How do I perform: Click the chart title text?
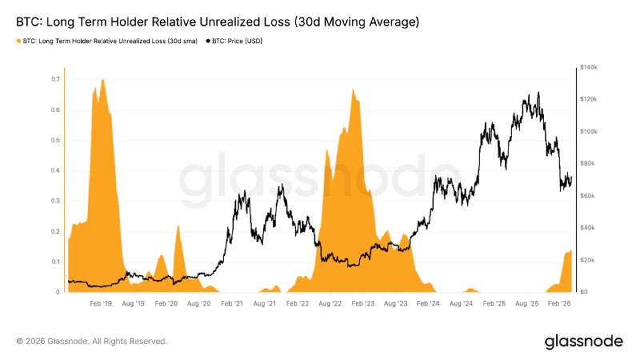[x=217, y=22]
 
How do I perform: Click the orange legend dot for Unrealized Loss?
[x=18, y=40]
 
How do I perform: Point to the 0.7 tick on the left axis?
[x=54, y=79]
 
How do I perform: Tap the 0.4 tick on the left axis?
[x=54, y=170]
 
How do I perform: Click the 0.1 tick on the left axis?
[x=54, y=262]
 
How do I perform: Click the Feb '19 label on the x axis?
[x=101, y=304]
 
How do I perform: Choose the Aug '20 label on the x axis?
[x=198, y=304]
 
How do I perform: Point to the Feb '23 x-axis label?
[x=362, y=304]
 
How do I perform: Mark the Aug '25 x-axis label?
[x=527, y=304]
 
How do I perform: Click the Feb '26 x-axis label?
[x=560, y=304]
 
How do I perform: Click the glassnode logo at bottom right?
[x=584, y=342]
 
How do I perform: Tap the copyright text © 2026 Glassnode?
[x=92, y=342]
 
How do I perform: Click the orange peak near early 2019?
[x=103, y=81]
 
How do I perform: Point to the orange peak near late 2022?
[x=353, y=90]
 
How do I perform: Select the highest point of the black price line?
[x=538, y=93]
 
